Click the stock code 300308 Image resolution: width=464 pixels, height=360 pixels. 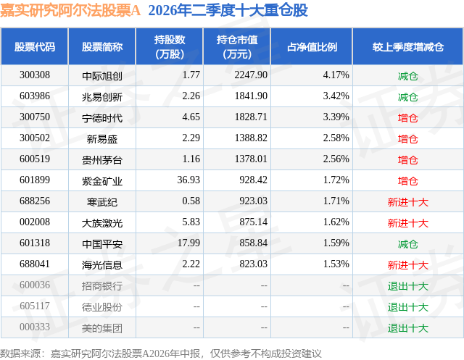[x=35, y=75]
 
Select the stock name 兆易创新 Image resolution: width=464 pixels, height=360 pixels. [x=102, y=97]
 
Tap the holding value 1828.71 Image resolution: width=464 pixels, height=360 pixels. [x=251, y=117]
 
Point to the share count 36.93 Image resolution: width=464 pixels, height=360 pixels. [x=188, y=180]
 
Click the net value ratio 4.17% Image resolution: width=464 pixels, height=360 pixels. [x=336, y=75]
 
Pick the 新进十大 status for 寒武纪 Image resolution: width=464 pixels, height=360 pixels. [x=407, y=202]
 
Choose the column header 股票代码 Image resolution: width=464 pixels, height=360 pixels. [x=35, y=47]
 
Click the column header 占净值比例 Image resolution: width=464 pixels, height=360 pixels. [x=312, y=47]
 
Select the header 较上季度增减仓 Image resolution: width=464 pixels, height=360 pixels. [x=407, y=47]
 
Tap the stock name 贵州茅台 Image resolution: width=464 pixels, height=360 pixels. [x=102, y=160]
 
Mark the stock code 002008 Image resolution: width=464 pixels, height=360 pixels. [x=35, y=222]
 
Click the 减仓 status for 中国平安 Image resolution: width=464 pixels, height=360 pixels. [x=407, y=244]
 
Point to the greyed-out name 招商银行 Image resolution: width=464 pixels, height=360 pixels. [x=102, y=286]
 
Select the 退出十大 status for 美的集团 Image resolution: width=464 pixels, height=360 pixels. [x=407, y=328]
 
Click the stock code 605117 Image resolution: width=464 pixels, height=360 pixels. [x=35, y=306]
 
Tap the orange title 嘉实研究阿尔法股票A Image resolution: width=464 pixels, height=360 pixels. [x=70, y=10]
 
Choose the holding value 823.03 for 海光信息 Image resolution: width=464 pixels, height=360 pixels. [x=253, y=264]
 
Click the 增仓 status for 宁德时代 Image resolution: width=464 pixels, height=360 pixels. [x=407, y=118]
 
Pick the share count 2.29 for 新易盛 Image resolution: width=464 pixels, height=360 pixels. [x=191, y=138]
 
